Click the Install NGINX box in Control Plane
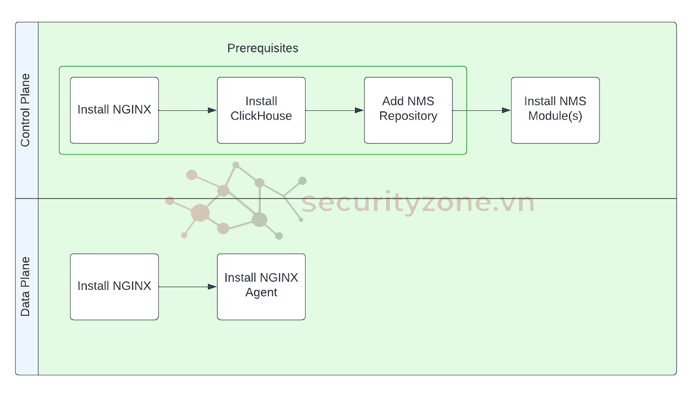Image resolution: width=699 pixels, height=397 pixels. pyautogui.click(x=114, y=110)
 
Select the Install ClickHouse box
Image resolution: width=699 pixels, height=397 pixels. pyautogui.click(x=261, y=110)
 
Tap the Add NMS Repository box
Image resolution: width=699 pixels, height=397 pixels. pyautogui.click(x=408, y=110)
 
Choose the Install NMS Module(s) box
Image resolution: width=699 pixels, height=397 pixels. pyautogui.click(x=554, y=110)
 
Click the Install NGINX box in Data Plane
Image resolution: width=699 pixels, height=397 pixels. pyautogui.click(x=114, y=286)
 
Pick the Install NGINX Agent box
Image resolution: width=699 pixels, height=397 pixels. pyautogui.click(x=261, y=286)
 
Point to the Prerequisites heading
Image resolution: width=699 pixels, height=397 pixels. pyautogui.click(x=262, y=48)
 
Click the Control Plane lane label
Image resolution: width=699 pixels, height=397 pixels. pyautogui.click(x=26, y=110)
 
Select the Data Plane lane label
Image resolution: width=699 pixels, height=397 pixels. pyautogui.click(x=26, y=286)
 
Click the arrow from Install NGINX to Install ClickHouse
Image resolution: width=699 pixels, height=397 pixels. pyautogui.click(x=188, y=111)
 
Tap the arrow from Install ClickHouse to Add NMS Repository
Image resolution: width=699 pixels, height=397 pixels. pyautogui.click(x=334, y=111)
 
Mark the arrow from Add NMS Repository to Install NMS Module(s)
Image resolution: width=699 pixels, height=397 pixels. pyautogui.click(x=482, y=111)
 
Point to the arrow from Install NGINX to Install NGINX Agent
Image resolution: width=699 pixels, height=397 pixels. pyautogui.click(x=188, y=286)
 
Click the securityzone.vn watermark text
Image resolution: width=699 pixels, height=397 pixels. pyautogui.click(x=417, y=202)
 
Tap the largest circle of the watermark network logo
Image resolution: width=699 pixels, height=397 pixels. pyautogui.click(x=200, y=214)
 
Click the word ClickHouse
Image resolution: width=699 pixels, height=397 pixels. pyautogui.click(x=261, y=117)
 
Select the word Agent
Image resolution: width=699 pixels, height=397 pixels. pyautogui.click(x=261, y=293)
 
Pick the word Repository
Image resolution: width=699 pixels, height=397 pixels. pyautogui.click(x=408, y=117)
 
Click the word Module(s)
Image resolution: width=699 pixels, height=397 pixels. pyautogui.click(x=554, y=117)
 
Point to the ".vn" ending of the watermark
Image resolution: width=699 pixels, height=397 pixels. pyautogui.click(x=517, y=202)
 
